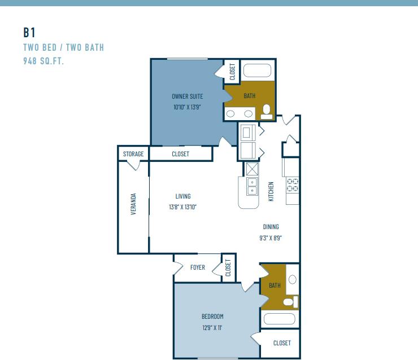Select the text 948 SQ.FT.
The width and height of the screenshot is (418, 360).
tap(43, 61)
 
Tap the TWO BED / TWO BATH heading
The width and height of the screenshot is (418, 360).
tap(63, 47)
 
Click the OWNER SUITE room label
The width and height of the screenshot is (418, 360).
tap(188, 96)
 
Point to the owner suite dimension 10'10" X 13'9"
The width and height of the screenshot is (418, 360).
tap(188, 107)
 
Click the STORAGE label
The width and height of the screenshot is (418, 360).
tap(133, 154)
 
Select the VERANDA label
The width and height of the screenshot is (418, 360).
tap(134, 204)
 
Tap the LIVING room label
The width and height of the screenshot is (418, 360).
tap(182, 196)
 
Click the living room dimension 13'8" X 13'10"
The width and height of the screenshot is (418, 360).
tap(182, 207)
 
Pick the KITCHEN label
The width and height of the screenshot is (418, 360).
tap(271, 191)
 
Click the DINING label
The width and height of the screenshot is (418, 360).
tap(271, 227)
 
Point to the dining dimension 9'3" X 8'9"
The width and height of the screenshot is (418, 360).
tap(271, 238)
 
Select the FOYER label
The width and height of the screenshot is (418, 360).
tap(198, 267)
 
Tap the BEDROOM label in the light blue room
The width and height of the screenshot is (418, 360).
tap(212, 317)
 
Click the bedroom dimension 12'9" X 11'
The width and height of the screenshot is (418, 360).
tap(212, 327)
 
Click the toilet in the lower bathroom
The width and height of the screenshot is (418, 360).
tap(290, 302)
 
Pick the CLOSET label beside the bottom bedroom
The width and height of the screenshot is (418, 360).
tap(282, 343)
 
